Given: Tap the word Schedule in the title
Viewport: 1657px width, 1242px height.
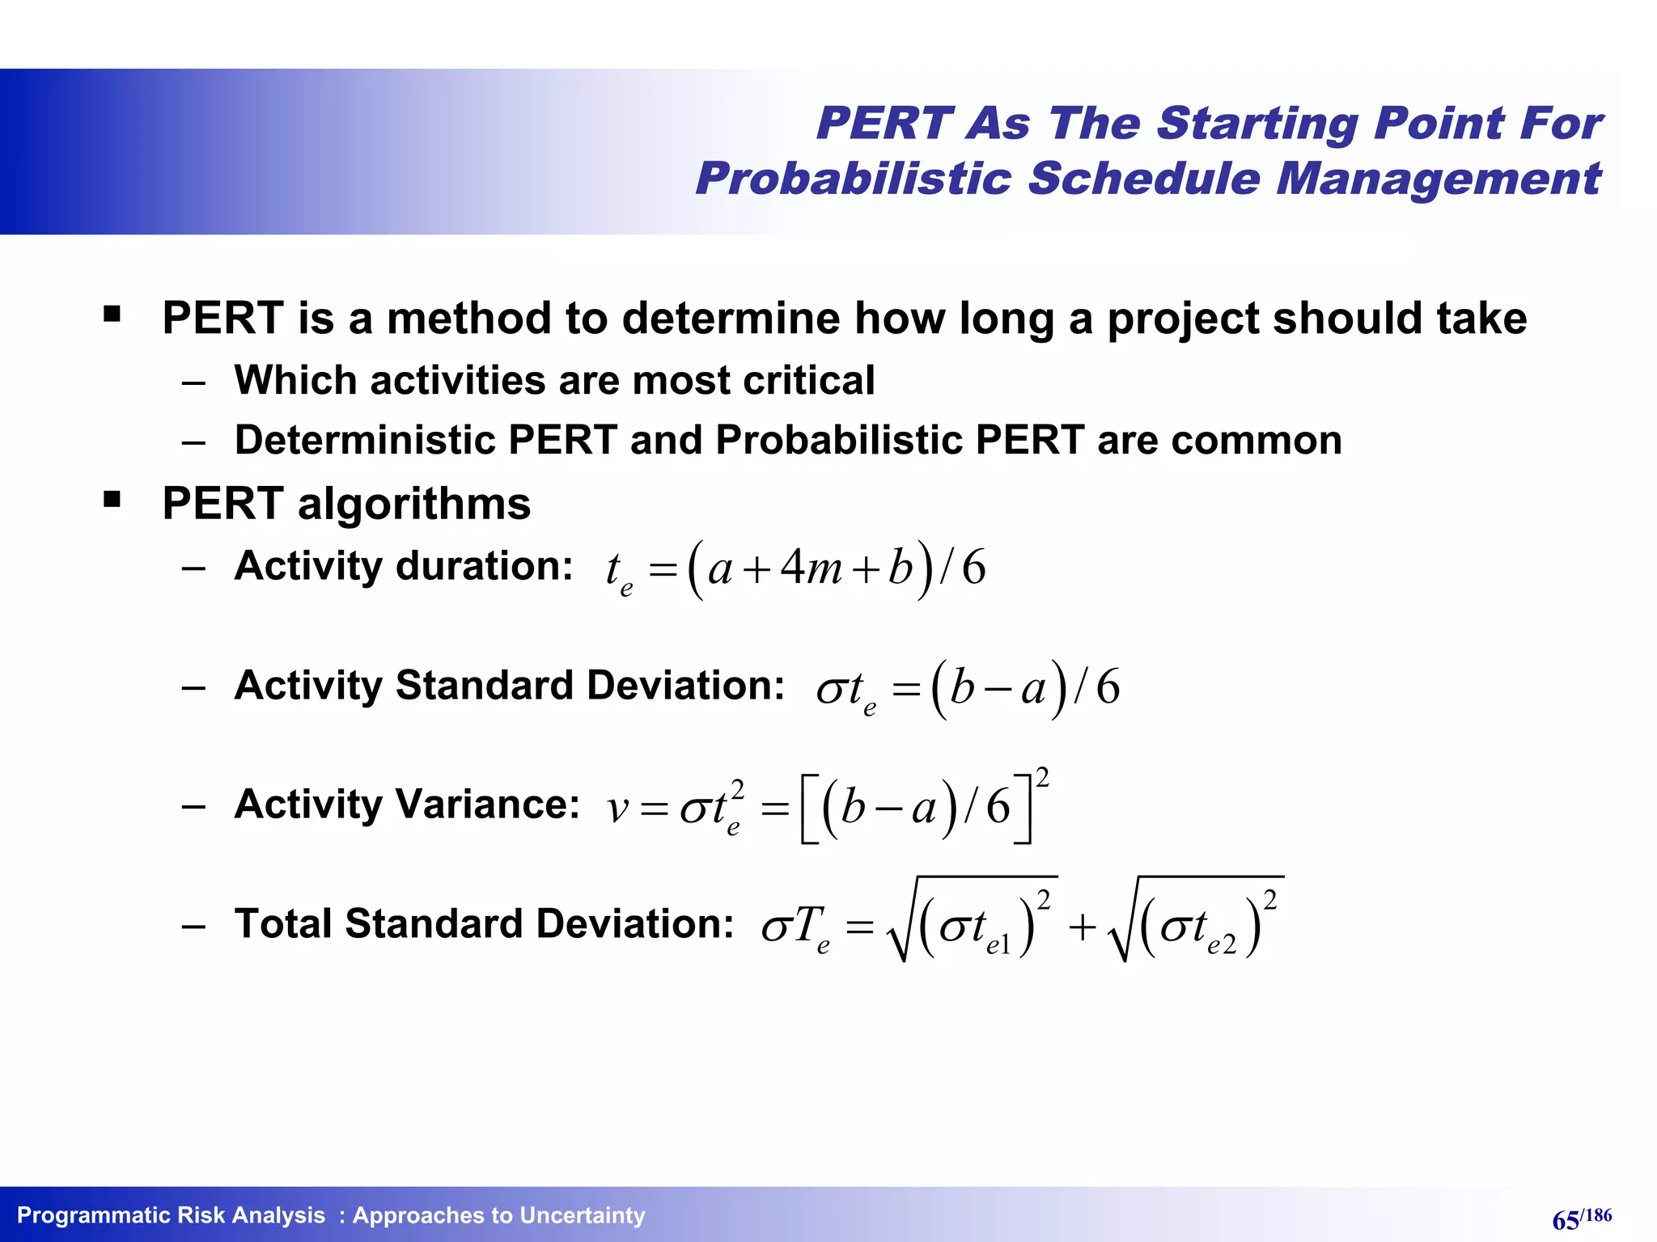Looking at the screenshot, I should (1143, 179).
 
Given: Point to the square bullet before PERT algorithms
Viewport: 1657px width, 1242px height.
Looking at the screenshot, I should (112, 500).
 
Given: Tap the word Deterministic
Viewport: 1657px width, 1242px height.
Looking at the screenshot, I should (364, 441).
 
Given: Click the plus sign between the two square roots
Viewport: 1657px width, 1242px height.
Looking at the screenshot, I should (1082, 928).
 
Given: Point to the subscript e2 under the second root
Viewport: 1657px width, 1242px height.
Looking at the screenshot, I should (1222, 943).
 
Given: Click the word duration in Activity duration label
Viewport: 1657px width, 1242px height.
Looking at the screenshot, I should (484, 565).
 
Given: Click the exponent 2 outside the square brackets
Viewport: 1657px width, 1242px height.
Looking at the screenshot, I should (1042, 778).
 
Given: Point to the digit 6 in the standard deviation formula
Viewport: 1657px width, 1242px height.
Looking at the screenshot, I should (1108, 687).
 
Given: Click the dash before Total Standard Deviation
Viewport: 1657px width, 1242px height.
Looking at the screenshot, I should (193, 927).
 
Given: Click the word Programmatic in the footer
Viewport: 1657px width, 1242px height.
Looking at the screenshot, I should (90, 1215).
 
